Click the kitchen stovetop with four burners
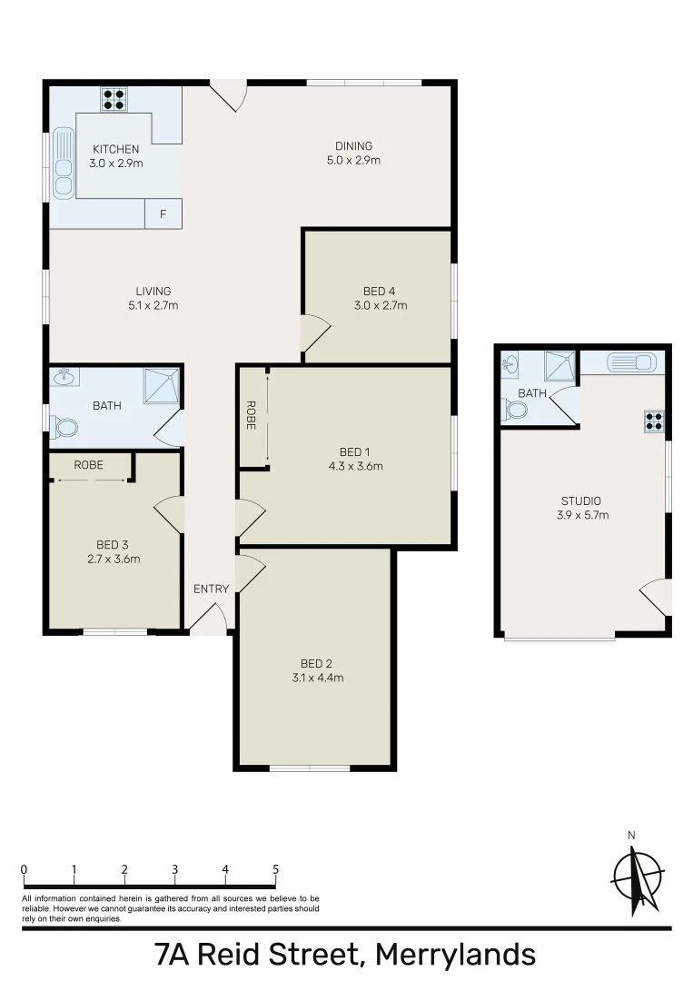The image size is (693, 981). (114, 98)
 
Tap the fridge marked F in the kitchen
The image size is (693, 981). (163, 214)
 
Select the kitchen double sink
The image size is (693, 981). (63, 164)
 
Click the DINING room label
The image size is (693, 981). (353, 146)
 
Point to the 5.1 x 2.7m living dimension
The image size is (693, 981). (153, 306)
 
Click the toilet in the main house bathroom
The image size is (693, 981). (64, 425)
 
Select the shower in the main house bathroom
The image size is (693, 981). (162, 386)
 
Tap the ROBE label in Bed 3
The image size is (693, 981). (88, 465)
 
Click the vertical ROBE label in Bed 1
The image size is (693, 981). (251, 416)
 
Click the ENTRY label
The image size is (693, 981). (211, 590)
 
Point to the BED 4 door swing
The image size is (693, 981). (313, 333)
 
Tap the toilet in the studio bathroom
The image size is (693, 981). (516, 410)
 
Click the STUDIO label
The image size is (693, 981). (581, 500)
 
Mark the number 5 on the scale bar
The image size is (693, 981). (275, 868)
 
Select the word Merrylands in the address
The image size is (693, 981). (455, 956)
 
